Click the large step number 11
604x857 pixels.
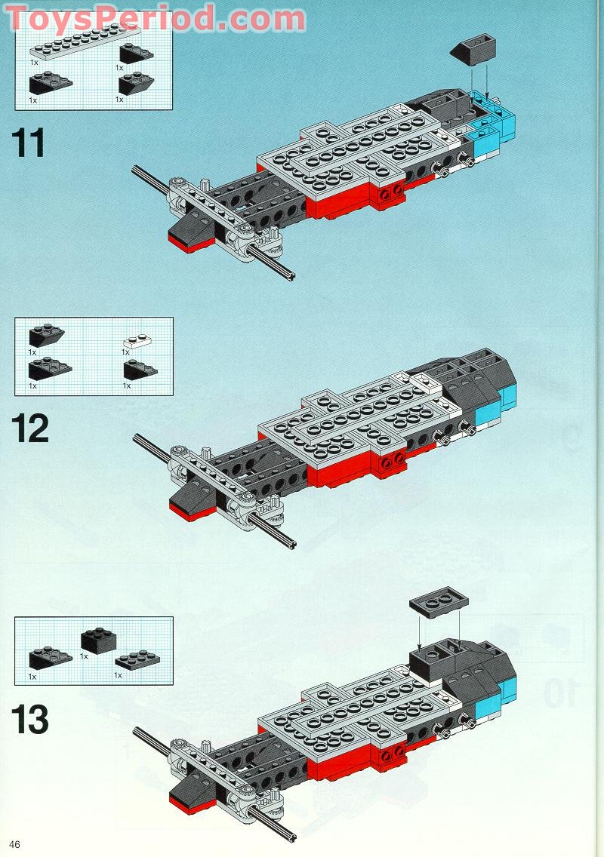(x=29, y=143)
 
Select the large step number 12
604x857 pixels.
(x=30, y=428)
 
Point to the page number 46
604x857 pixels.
(x=15, y=843)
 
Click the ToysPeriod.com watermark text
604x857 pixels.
(x=155, y=18)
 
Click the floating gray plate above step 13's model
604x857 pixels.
(x=439, y=602)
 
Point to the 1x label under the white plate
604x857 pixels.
(x=126, y=352)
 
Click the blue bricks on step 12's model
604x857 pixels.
(x=492, y=407)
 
